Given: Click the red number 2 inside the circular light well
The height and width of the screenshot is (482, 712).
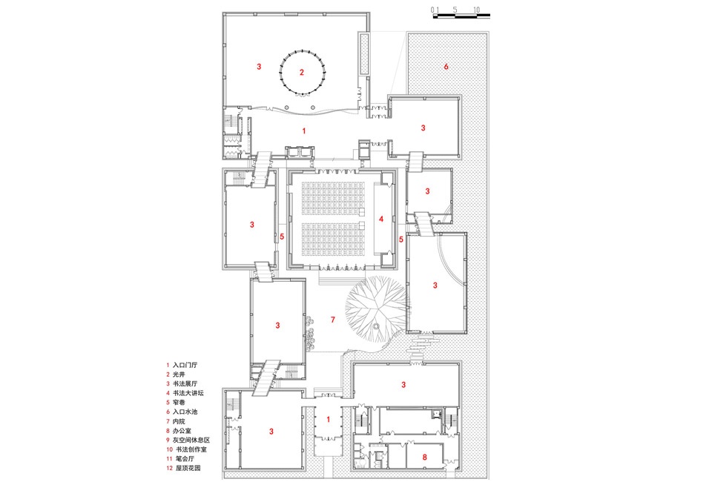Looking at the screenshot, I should (x=302, y=73).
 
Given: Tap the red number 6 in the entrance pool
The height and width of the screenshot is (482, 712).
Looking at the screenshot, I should (x=446, y=67).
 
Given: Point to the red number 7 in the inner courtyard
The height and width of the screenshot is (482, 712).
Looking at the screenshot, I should (x=333, y=319).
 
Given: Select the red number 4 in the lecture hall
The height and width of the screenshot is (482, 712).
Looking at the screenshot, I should (x=380, y=219).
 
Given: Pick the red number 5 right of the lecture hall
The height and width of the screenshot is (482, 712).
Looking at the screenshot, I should (x=400, y=240).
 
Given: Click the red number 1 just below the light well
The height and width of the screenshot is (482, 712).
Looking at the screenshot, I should (x=303, y=131).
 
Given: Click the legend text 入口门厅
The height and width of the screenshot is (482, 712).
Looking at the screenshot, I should (x=185, y=366).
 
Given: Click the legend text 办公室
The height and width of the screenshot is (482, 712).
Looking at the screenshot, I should (x=183, y=431).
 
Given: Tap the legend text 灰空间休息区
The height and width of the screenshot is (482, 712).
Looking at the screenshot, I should (x=191, y=440).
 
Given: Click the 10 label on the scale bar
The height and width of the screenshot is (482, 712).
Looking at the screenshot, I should (x=476, y=10).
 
